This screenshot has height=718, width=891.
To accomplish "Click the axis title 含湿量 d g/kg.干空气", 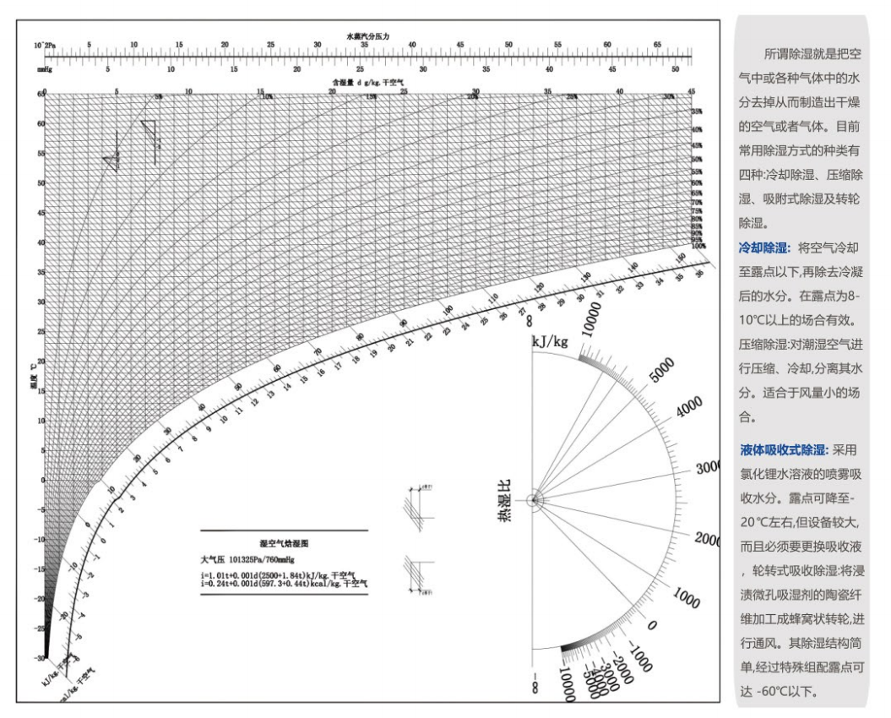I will (x=368, y=83).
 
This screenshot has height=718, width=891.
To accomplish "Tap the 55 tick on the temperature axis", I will (x=40, y=155).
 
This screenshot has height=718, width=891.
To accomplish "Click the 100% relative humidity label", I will (x=698, y=246).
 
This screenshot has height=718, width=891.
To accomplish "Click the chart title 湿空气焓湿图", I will (x=284, y=545).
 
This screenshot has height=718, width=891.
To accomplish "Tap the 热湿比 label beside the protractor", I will (x=504, y=500).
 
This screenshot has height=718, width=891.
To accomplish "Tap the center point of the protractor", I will (x=534, y=500).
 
